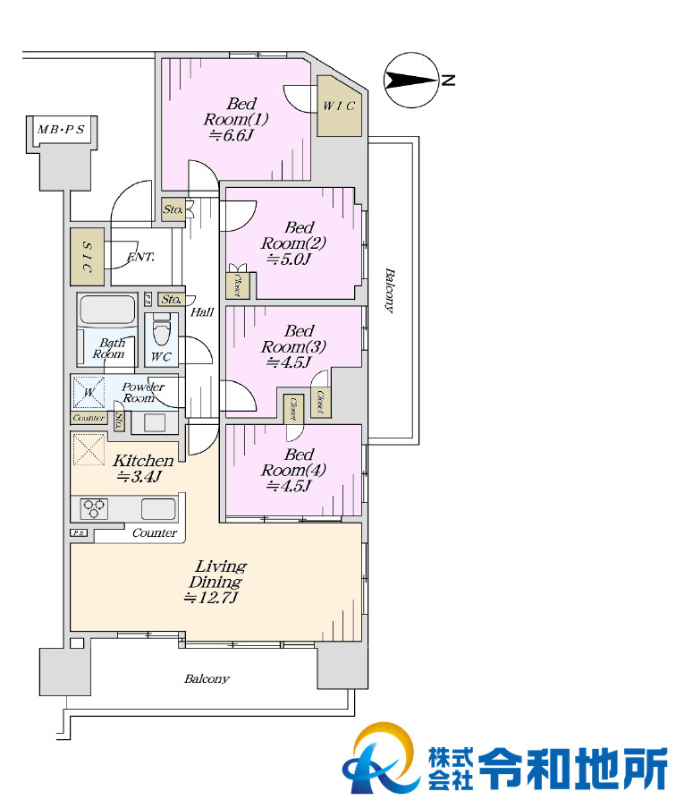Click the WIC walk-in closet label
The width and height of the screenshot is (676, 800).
(339, 106)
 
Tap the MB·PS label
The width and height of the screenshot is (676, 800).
(61, 129)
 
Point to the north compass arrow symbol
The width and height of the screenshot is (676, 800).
(411, 81)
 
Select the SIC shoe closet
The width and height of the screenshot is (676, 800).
(87, 257)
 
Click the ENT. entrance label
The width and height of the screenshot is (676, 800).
(140, 257)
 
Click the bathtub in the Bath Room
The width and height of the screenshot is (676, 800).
(107, 310)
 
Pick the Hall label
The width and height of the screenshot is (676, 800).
(202, 311)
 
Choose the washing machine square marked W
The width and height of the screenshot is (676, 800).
(89, 392)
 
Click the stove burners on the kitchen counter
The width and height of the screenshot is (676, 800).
(94, 508)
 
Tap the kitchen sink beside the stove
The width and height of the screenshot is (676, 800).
(158, 509)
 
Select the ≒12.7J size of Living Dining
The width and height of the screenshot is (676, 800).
(211, 598)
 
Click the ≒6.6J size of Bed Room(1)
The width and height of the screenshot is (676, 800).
(231, 135)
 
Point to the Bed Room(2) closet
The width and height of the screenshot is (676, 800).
(238, 285)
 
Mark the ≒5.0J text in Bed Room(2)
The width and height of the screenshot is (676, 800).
(288, 260)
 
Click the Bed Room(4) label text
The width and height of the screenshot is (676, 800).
(293, 462)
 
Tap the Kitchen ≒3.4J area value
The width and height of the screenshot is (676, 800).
(139, 477)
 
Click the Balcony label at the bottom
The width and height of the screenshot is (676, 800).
(207, 678)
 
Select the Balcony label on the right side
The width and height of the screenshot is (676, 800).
(389, 290)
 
